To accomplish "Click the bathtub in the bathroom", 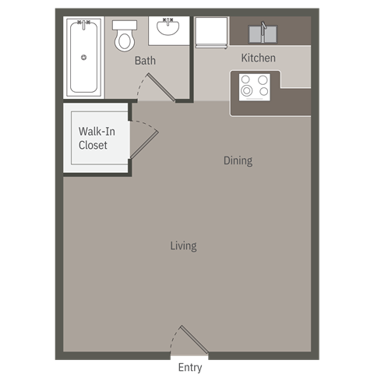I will (x=84, y=58).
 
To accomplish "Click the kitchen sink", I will (x=265, y=34).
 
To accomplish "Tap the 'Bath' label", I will (x=145, y=60).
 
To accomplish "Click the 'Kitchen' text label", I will (x=258, y=58).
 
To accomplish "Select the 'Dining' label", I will (x=238, y=161).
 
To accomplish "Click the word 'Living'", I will (x=183, y=245).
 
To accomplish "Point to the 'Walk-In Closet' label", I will (x=93, y=139).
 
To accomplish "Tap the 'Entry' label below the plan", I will (x=190, y=367).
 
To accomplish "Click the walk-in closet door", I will (x=143, y=140).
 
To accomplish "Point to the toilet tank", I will (x=124, y=25).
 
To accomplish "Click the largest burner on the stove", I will (x=247, y=90).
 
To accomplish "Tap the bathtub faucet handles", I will (x=83, y=23).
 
